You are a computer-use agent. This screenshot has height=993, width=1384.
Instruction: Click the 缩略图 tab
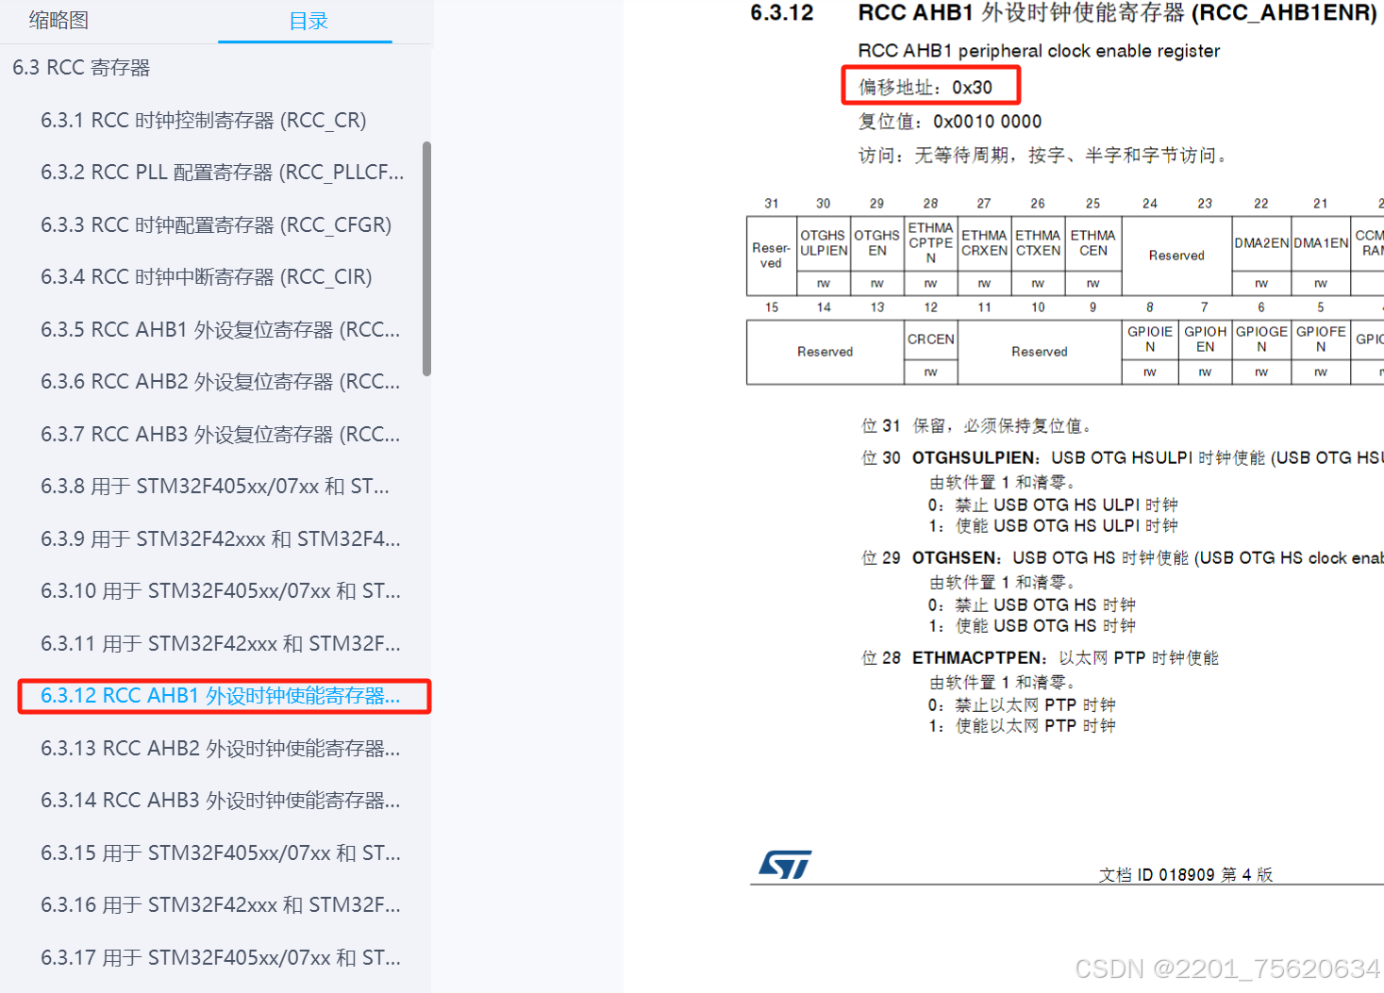58,21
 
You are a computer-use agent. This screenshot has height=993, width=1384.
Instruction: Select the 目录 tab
308,22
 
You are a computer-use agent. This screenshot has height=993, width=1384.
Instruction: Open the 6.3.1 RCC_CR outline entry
203,121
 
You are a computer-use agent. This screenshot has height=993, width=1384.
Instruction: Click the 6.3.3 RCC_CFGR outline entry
215,225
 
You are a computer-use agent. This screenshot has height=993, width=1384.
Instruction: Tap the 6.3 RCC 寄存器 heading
81,68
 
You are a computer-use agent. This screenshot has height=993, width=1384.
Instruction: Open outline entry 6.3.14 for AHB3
220,801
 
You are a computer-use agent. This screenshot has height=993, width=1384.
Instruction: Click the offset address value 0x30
972,88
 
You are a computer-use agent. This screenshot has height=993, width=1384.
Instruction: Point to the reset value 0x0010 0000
987,122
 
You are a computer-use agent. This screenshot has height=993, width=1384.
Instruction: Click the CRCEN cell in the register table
930,339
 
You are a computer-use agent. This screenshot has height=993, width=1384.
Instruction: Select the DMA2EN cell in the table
1260,243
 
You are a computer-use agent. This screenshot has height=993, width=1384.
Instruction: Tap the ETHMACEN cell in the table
1092,243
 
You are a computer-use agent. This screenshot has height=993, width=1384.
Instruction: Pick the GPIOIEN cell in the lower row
1149,339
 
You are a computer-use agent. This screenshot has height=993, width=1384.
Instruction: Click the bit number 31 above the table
772,204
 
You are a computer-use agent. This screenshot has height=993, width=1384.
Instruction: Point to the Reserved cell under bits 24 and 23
1176,256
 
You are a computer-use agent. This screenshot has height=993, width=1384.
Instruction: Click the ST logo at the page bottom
785,864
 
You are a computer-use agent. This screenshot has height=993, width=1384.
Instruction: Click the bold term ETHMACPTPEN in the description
978,658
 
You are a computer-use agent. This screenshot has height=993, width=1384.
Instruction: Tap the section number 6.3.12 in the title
781,13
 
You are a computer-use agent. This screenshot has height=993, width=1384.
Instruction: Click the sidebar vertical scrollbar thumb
426,259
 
